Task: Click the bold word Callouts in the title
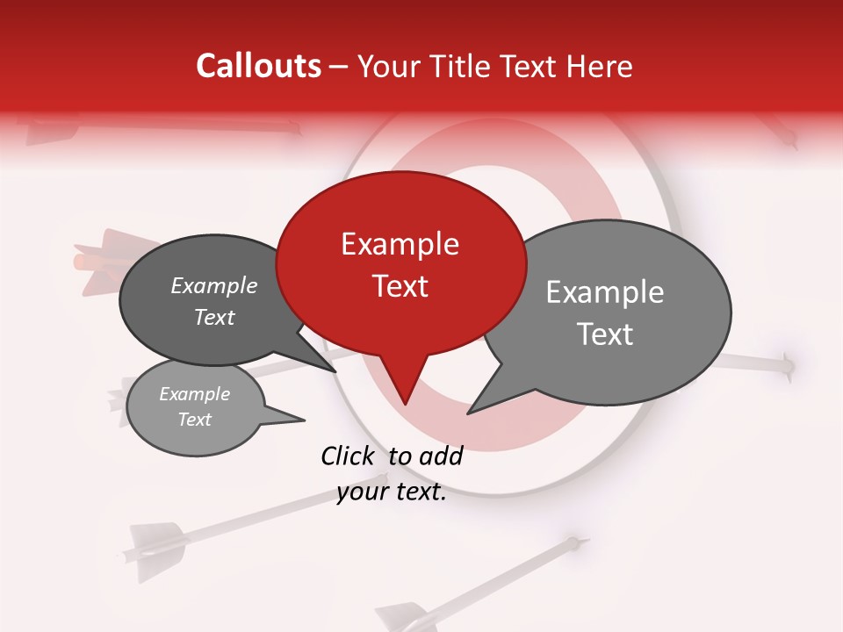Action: [x=258, y=66]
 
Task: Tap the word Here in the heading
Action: [x=600, y=67]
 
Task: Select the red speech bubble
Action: [x=400, y=263]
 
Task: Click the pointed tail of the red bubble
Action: [x=405, y=401]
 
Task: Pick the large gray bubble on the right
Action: [x=615, y=312]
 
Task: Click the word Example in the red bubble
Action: [x=400, y=244]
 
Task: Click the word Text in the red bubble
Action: [x=400, y=286]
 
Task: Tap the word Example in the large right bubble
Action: [x=604, y=292]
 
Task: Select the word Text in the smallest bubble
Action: [x=195, y=420]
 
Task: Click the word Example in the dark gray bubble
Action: [x=213, y=285]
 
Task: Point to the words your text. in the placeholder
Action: [x=392, y=492]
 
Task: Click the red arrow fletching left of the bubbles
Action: [x=98, y=260]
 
